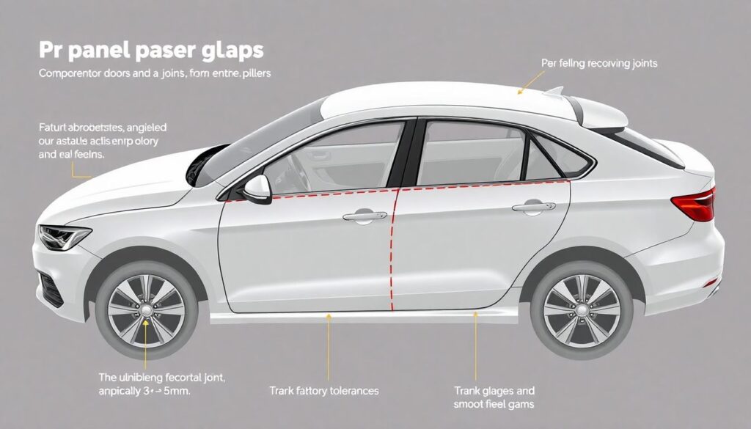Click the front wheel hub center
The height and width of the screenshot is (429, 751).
pyautogui.click(x=146, y=311)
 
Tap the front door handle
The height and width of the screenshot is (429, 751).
pyautogui.click(x=364, y=216)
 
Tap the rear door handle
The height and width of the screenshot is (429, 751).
pyautogui.click(x=533, y=208)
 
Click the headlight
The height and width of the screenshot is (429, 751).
pyautogui.click(x=65, y=237)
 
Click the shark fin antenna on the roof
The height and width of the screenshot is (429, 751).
pyautogui.click(x=554, y=92)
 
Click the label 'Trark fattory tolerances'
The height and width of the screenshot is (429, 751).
pyautogui.click(x=323, y=391)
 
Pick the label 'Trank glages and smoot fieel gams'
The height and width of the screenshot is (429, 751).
pyautogui.click(x=494, y=397)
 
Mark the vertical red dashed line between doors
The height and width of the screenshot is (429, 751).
pyautogui.click(x=394, y=249)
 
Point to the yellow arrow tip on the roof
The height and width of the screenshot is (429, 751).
pyautogui.click(x=519, y=92)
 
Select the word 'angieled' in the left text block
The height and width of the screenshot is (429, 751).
pyautogui.click(x=148, y=127)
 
